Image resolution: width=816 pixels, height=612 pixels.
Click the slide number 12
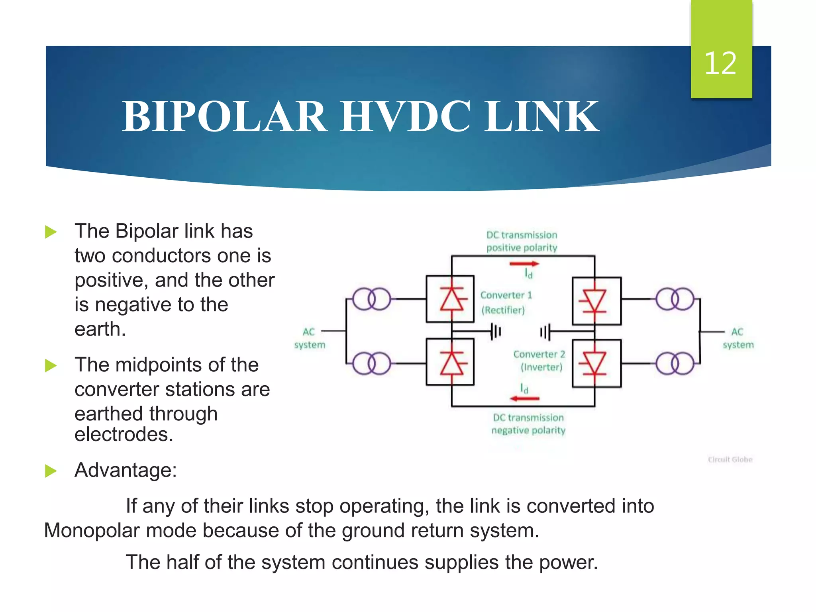(720, 63)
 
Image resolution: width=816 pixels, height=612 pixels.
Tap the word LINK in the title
(541, 116)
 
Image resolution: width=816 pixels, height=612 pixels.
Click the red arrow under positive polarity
(524, 263)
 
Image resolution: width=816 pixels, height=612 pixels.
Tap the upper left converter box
(450, 299)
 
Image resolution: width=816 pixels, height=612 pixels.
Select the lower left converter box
(450, 362)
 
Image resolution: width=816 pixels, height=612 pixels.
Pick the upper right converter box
(596, 301)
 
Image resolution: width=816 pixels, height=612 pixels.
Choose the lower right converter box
(596, 363)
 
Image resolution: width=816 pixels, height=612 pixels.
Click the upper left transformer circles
(371, 299)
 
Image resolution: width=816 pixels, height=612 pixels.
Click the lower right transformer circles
(675, 363)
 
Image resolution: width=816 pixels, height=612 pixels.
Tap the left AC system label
(310, 338)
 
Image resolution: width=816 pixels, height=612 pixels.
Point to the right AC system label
(738, 338)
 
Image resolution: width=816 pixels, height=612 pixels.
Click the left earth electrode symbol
(495, 331)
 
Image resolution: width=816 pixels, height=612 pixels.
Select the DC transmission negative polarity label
(528, 424)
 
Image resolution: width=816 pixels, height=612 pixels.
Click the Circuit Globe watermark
(730, 459)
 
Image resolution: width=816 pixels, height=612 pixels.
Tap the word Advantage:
(126, 470)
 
